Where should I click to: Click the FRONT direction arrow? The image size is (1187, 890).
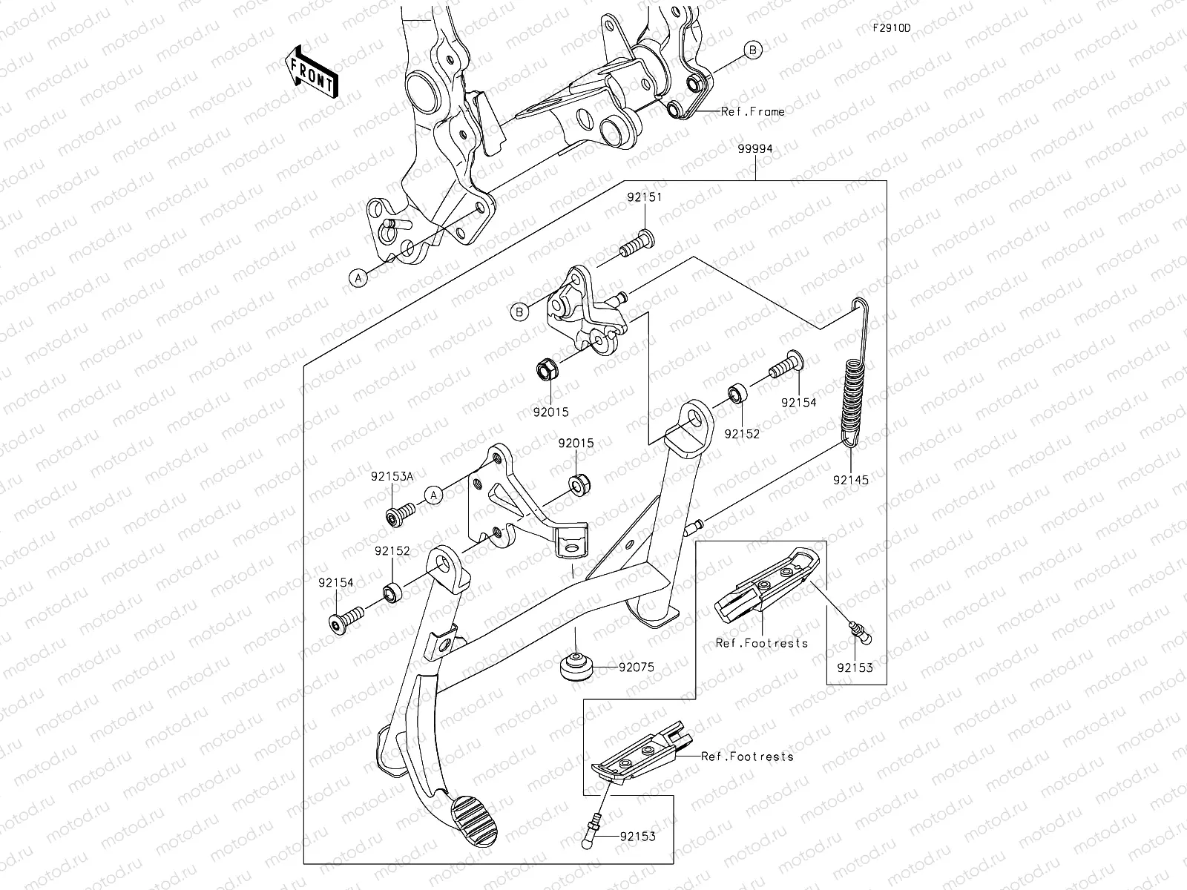310,71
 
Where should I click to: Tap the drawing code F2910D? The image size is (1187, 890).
891,28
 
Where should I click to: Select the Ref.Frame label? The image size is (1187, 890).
752,112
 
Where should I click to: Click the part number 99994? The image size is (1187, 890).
755,148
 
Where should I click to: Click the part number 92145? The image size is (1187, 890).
850,480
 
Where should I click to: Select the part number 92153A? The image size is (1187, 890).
393,477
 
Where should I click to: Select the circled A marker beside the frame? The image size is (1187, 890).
358,278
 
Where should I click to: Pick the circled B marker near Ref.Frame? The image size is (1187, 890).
753,50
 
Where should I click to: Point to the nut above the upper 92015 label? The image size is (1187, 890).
546,369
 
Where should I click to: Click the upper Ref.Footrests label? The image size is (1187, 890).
761,643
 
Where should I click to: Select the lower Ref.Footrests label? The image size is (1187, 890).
747,756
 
